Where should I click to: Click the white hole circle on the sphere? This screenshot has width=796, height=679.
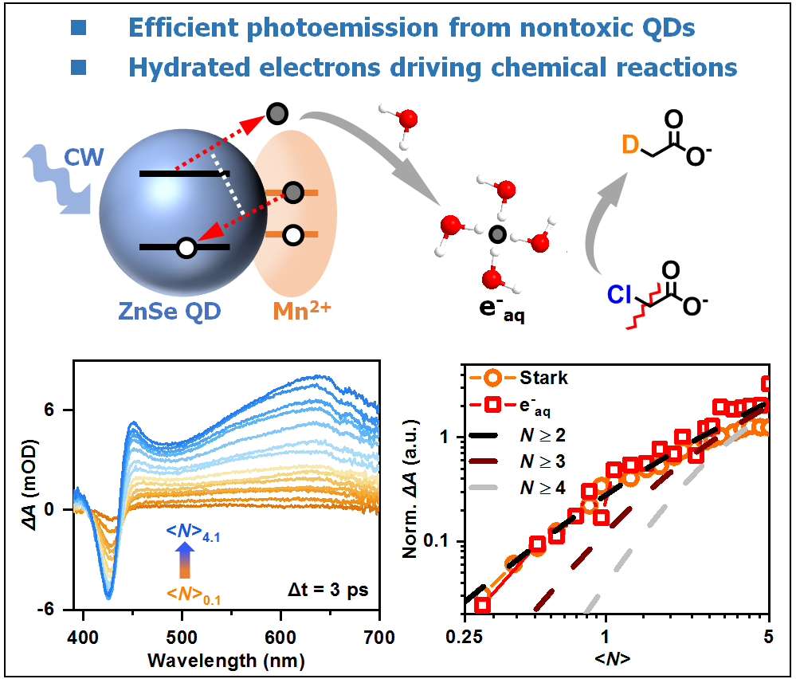coord(186,248)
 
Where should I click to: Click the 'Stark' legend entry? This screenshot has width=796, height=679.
coord(541,378)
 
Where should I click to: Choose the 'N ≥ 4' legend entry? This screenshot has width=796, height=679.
coord(541,488)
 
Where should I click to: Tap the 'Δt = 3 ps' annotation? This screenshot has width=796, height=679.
coord(327,591)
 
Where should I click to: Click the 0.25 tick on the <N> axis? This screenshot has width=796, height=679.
coord(464,638)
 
